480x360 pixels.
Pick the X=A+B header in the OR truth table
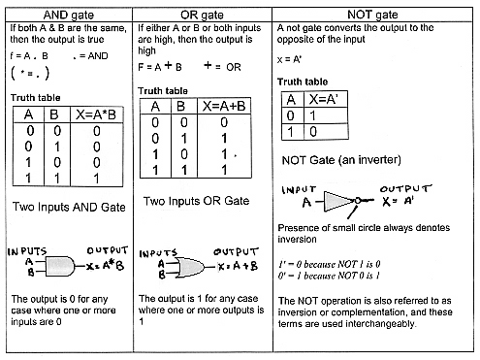pyautogui.click(x=226, y=108)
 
